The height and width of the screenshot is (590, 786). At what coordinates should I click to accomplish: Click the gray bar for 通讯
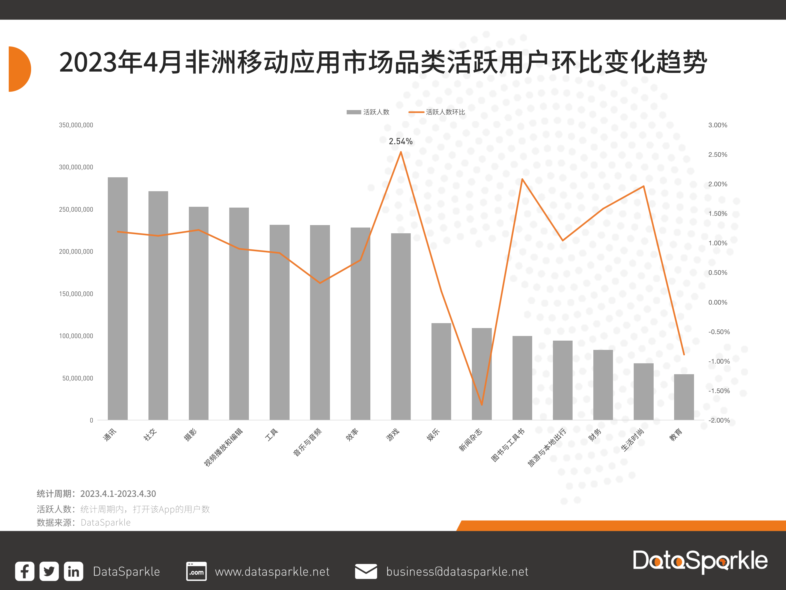point(118,299)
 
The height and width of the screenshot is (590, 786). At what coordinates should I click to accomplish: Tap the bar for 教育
point(684,397)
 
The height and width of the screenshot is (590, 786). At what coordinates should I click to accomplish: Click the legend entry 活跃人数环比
point(445,112)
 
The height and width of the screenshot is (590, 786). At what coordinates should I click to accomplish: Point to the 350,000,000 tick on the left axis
point(76,125)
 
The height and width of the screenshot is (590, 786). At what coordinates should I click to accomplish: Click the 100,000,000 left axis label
point(76,336)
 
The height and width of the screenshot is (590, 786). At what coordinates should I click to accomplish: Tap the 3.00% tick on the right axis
point(717,125)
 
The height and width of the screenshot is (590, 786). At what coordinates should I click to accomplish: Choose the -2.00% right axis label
point(719,420)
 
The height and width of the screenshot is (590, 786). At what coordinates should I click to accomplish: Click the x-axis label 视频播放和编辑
point(224,447)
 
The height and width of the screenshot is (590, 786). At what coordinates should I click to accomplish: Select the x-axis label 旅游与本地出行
point(547,447)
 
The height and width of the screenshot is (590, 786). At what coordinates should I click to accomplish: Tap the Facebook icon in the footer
point(25,571)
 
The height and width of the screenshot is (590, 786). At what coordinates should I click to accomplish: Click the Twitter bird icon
point(49,571)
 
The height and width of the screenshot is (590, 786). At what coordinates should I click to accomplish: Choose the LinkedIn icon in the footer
point(74,571)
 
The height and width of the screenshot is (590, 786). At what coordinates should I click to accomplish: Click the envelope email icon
point(366,571)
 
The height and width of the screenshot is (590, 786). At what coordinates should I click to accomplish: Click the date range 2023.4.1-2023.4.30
point(118,494)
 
